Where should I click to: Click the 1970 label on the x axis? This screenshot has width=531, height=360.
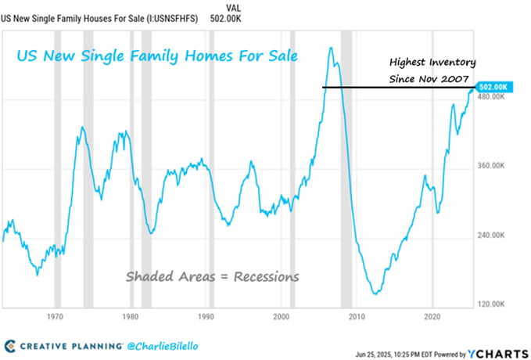pos(55,317)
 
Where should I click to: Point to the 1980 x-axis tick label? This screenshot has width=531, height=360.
pos(130,317)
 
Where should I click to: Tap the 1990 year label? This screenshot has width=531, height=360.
pos(206,317)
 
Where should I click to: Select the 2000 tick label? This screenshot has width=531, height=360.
pos(282,317)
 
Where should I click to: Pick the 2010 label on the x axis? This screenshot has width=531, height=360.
pos(357,317)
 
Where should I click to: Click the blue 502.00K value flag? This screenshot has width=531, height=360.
pos(494,87)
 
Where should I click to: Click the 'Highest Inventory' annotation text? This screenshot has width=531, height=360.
pos(432,62)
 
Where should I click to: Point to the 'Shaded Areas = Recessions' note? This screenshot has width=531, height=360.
pos(213,276)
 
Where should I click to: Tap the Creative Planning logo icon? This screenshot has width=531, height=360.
pos(10,345)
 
